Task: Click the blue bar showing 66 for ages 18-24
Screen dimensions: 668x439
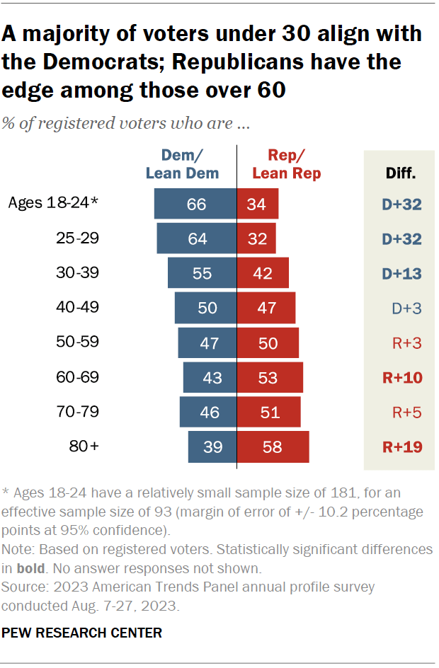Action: click(x=195, y=204)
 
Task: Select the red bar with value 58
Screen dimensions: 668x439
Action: click(x=273, y=447)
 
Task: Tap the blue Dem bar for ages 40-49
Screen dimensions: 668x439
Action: click(x=205, y=308)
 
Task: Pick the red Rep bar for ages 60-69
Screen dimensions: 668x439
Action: click(x=270, y=377)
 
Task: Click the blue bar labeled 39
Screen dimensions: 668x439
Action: click(x=212, y=447)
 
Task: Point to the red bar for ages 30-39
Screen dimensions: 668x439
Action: click(x=263, y=273)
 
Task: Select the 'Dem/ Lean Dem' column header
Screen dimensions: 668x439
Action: click(x=182, y=164)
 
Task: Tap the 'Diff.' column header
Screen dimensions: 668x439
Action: click(x=400, y=172)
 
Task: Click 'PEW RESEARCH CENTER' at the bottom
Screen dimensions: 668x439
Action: click(x=82, y=632)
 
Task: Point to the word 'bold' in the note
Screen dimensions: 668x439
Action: click(x=28, y=568)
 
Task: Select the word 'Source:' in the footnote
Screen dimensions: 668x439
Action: click(x=23, y=587)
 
